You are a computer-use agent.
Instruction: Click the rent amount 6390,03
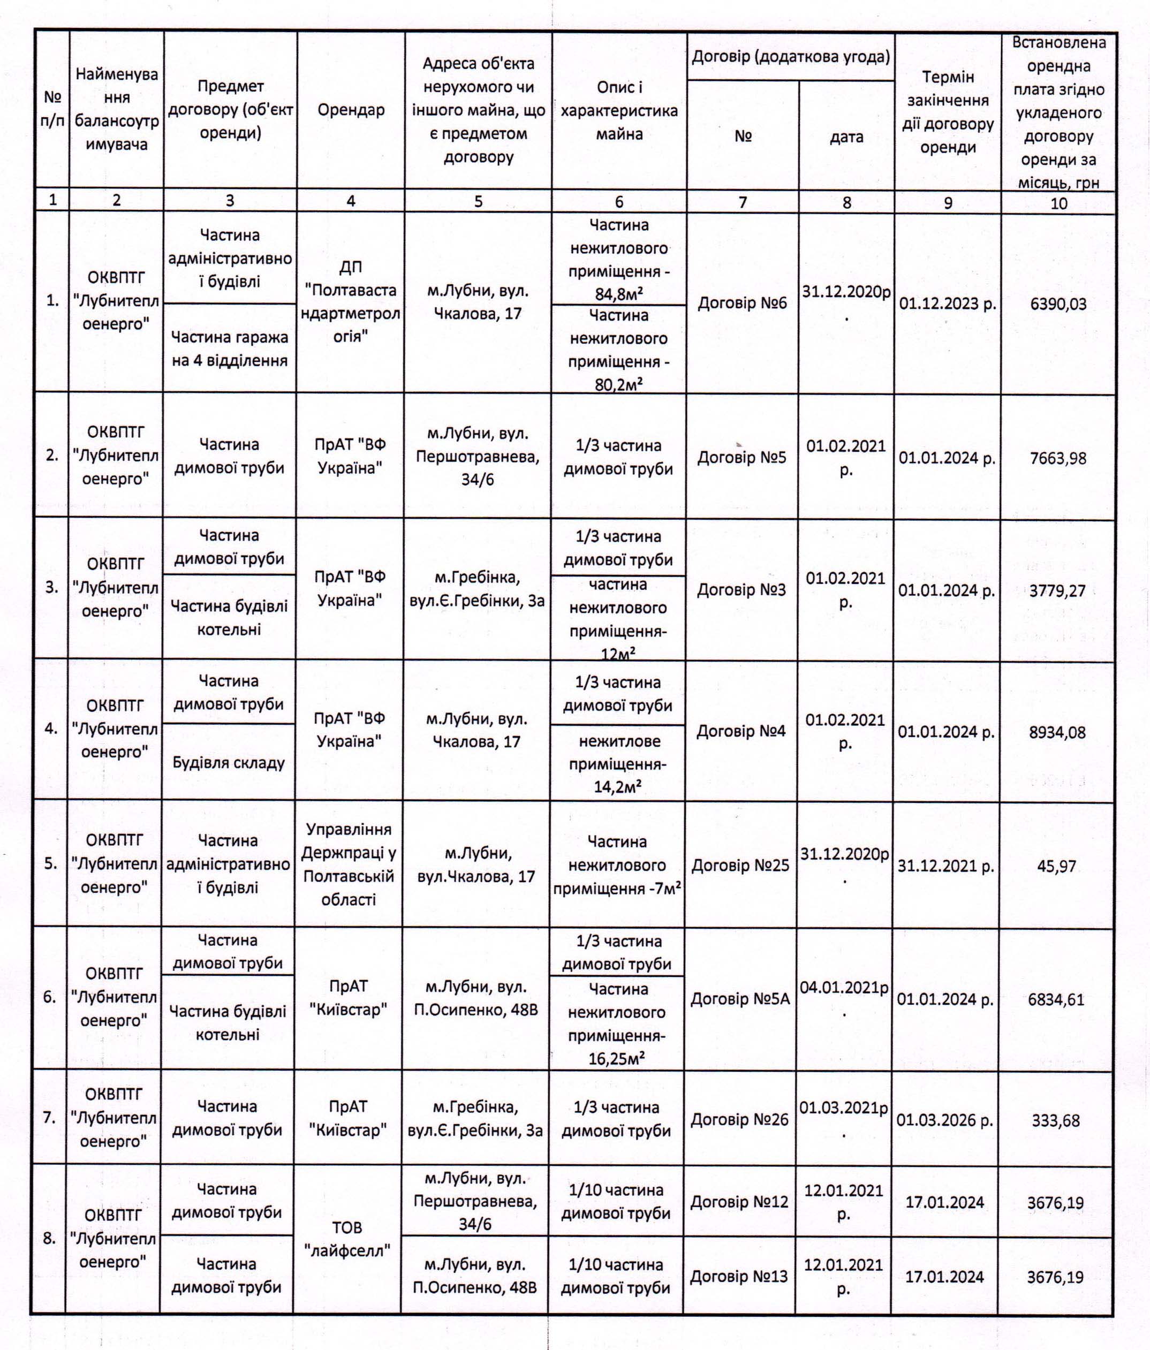1058,304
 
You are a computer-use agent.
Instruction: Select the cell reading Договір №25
740,865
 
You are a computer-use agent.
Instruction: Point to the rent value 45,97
1056,866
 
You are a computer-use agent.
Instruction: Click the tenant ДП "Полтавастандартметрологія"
351,302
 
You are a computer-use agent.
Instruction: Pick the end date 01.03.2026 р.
945,1120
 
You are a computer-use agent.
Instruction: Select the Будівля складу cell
229,762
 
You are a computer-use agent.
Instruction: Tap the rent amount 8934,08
1057,732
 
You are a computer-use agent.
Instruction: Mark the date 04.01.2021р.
844,998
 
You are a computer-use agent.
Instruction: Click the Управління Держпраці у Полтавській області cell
349,864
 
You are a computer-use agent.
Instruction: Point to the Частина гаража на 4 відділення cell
229,348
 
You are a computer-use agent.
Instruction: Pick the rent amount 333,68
1056,1120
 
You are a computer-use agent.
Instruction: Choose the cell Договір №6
742,303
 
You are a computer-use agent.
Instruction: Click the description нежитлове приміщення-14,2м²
618,764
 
